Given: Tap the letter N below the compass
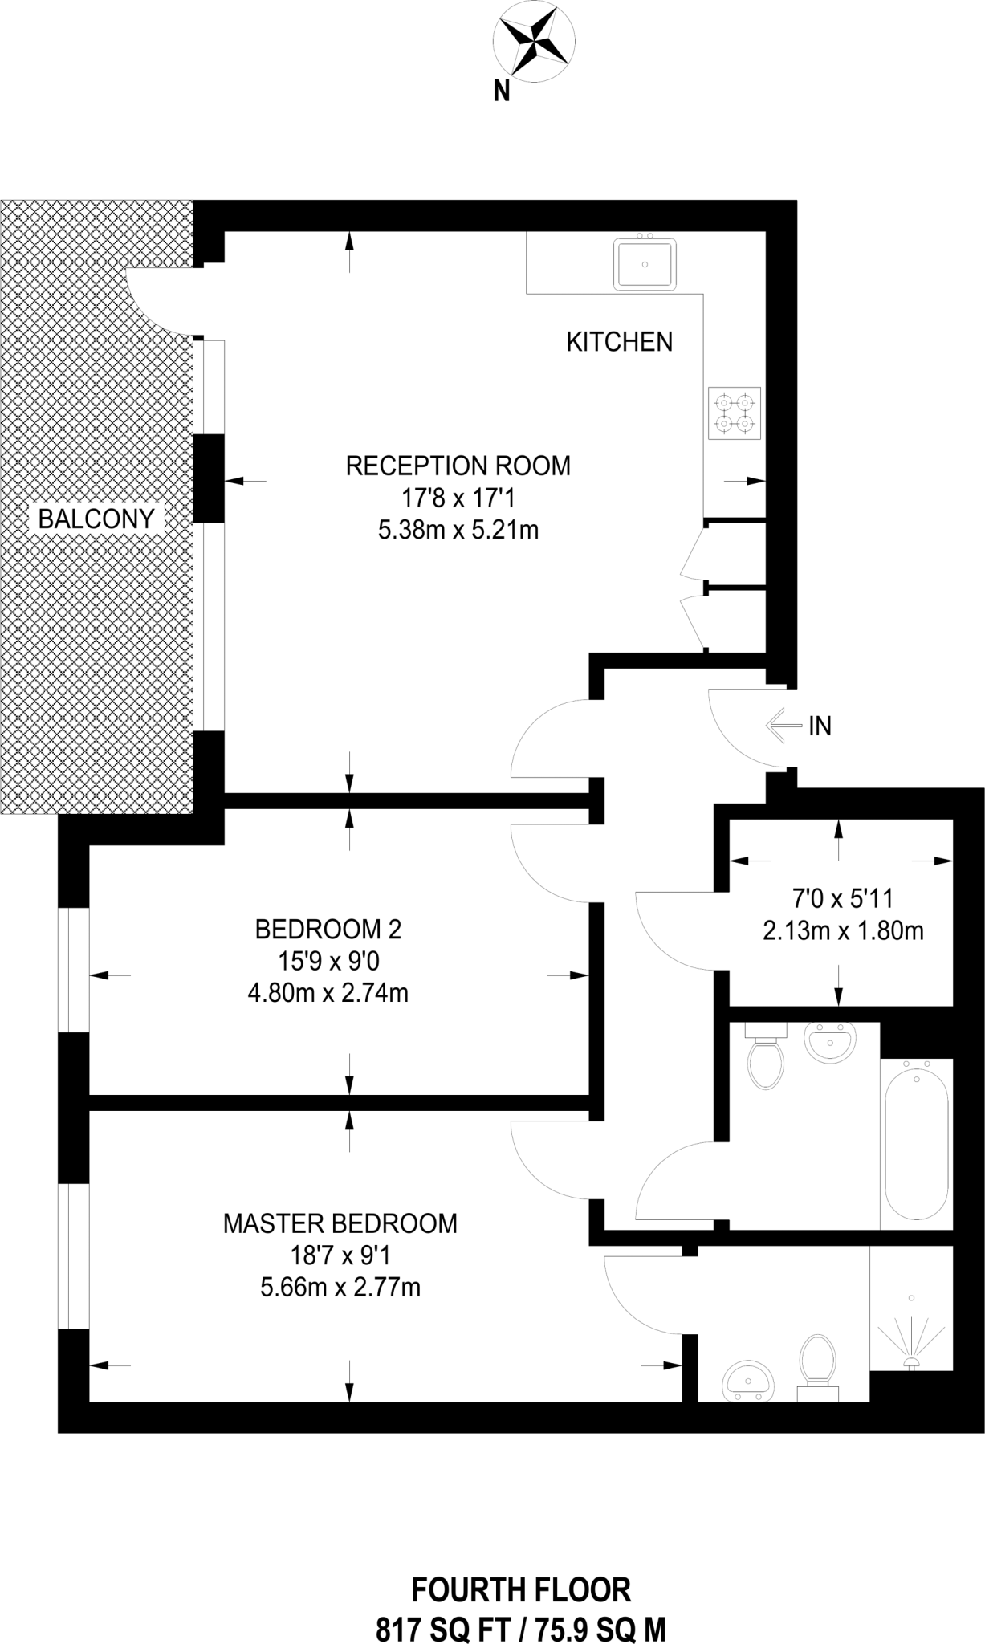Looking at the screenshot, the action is click(502, 92).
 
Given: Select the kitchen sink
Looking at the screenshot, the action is click(645, 262).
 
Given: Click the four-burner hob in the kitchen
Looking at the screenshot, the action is click(735, 413).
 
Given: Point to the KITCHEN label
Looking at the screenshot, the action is click(620, 342).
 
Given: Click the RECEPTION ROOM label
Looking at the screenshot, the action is click(458, 466).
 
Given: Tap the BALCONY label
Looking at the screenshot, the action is click(96, 519).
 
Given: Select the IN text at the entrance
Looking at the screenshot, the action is click(820, 726).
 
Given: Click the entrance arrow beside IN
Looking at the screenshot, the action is click(784, 726).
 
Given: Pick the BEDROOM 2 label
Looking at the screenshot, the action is click(328, 930).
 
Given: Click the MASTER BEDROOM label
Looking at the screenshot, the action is click(340, 1223).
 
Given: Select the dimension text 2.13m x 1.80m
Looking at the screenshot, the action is click(843, 931).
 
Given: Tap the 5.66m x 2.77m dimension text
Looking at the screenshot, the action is click(340, 1288).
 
